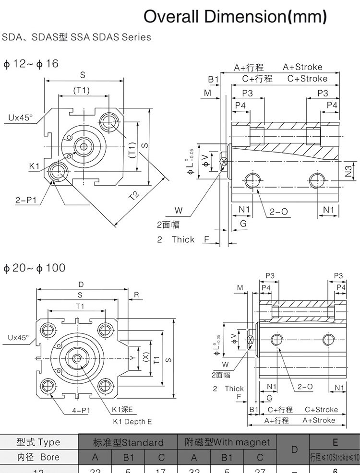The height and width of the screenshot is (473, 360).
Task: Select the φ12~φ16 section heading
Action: coord(31,63)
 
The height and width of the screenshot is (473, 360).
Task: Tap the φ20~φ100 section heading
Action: coord(34,268)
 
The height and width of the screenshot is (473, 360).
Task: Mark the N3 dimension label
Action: coord(349,169)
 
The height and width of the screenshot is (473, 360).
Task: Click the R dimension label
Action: coord(136,295)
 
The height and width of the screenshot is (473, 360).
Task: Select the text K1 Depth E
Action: coord(132,422)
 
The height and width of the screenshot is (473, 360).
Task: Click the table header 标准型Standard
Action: coord(128,442)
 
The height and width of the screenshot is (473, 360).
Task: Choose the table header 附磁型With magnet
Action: coord(227,442)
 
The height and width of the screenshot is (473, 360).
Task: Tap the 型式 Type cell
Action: coord(38,442)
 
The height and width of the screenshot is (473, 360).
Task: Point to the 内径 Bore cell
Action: coord(38,457)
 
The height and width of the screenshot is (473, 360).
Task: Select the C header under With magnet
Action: coord(260,458)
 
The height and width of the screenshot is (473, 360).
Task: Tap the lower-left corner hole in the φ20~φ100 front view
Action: coord(47,385)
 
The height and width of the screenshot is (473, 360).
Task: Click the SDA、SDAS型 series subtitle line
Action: coord(77,37)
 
